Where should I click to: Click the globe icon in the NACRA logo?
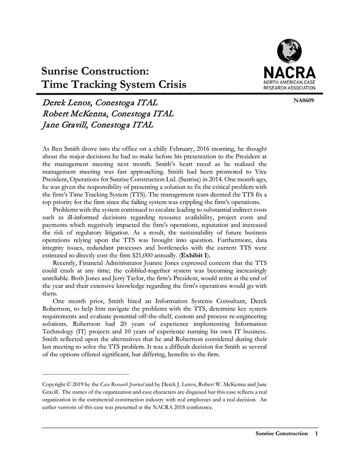point(289,50)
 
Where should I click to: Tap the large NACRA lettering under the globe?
point(289,72)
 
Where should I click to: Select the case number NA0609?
point(303,100)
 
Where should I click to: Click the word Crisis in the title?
point(169,84)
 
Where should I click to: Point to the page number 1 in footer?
point(316,434)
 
